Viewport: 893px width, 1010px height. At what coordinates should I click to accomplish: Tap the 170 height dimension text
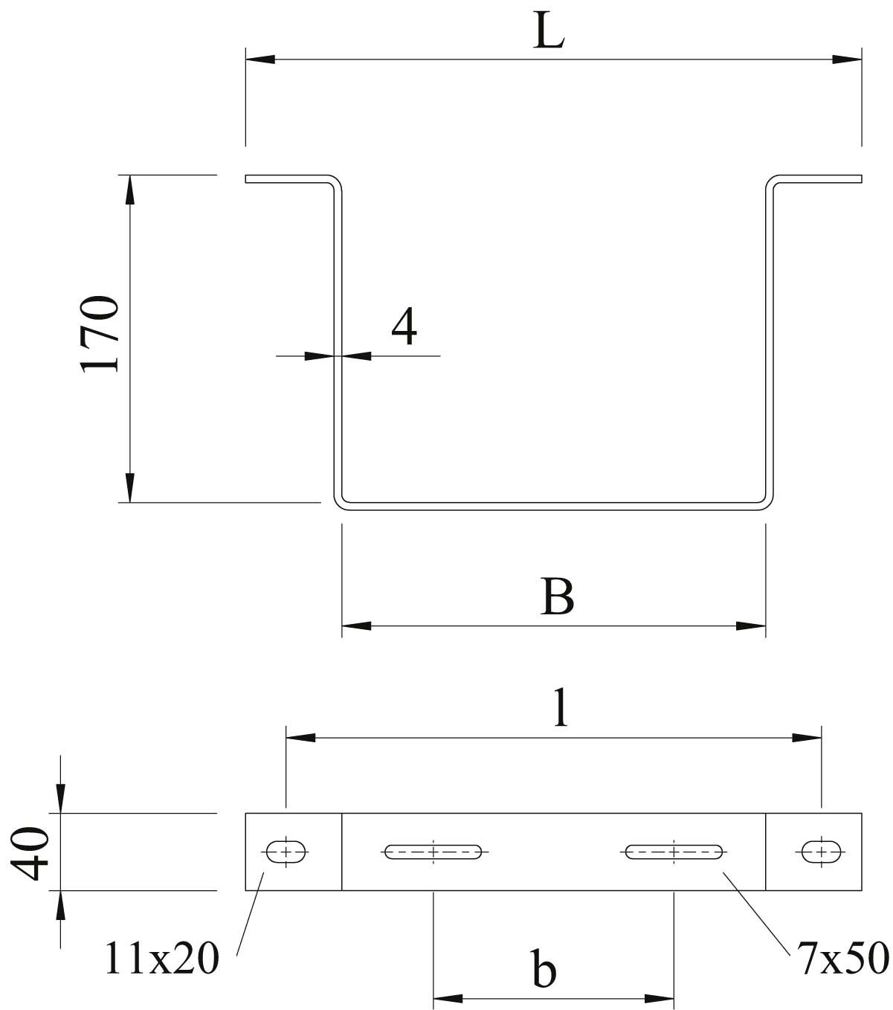[x=100, y=335]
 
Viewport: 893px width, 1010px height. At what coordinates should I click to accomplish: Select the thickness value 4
[x=404, y=326]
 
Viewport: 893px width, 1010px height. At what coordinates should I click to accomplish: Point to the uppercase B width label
[x=557, y=596]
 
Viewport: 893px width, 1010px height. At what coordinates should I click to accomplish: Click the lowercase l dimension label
[x=561, y=707]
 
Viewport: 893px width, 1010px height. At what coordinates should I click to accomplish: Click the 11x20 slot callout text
[x=162, y=959]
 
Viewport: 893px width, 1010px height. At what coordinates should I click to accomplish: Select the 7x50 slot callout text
[x=842, y=958]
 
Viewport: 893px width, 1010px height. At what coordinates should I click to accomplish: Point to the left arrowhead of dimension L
[x=260, y=59]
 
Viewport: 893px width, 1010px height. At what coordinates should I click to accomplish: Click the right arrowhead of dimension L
[x=847, y=59]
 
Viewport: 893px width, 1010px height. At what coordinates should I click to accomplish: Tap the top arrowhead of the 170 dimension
[x=130, y=190]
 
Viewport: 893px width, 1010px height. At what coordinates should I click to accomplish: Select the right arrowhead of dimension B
[x=751, y=626]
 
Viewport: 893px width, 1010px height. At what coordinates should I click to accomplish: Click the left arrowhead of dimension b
[x=448, y=999]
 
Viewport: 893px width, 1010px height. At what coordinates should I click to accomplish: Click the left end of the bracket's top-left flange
[x=245, y=179]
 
